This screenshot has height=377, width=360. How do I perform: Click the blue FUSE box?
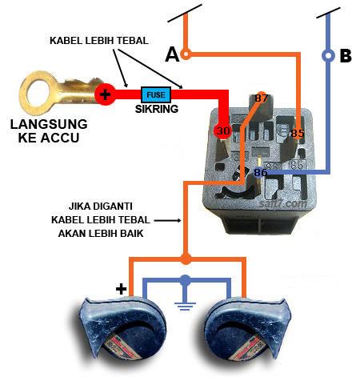pyautogui.click(x=155, y=94)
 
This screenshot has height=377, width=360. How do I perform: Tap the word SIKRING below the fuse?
pyautogui.click(x=155, y=108)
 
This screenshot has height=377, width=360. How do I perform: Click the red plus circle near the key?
pyautogui.click(x=105, y=94)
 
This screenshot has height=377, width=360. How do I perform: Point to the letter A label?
pyautogui.click(x=171, y=54)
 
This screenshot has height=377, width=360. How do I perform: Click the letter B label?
pyautogui.click(x=346, y=56)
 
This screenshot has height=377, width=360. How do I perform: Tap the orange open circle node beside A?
pyautogui.click(x=186, y=54)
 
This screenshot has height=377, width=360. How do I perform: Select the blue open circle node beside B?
pyautogui.click(x=327, y=56)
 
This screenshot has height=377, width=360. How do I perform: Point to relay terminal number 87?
pyautogui.click(x=262, y=98)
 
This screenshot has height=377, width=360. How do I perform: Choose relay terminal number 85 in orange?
pyautogui.click(x=298, y=132)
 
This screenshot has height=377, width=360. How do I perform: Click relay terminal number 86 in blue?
pyautogui.click(x=261, y=171)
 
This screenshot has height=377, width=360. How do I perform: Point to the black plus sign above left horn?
pyautogui.click(x=121, y=288)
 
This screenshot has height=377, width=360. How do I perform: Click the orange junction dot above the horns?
pyautogui.click(x=186, y=259)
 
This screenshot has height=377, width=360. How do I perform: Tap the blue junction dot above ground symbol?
pyautogui.click(x=186, y=279)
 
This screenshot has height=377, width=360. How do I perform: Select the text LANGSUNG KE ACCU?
pyautogui.click(x=49, y=131)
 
